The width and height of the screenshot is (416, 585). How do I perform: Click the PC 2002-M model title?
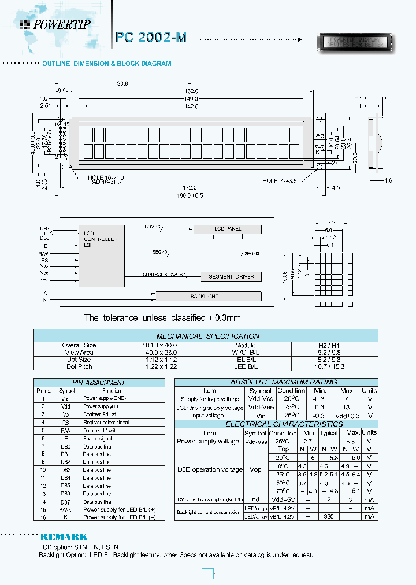pos(151,37)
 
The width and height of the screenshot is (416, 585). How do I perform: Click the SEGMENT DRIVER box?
pos(231,276)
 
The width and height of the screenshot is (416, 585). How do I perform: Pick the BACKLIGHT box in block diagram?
pos(205,297)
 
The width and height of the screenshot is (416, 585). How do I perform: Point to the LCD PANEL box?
pos(228,229)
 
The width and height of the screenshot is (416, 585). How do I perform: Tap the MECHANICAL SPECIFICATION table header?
pos(208,336)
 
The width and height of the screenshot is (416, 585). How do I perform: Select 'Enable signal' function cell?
pos(97,439)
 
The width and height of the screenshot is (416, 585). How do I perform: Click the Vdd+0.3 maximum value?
pos(347,416)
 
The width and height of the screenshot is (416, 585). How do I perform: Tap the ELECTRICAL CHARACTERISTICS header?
pos(276,424)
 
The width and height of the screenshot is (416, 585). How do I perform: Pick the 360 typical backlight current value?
pos(329,516)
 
